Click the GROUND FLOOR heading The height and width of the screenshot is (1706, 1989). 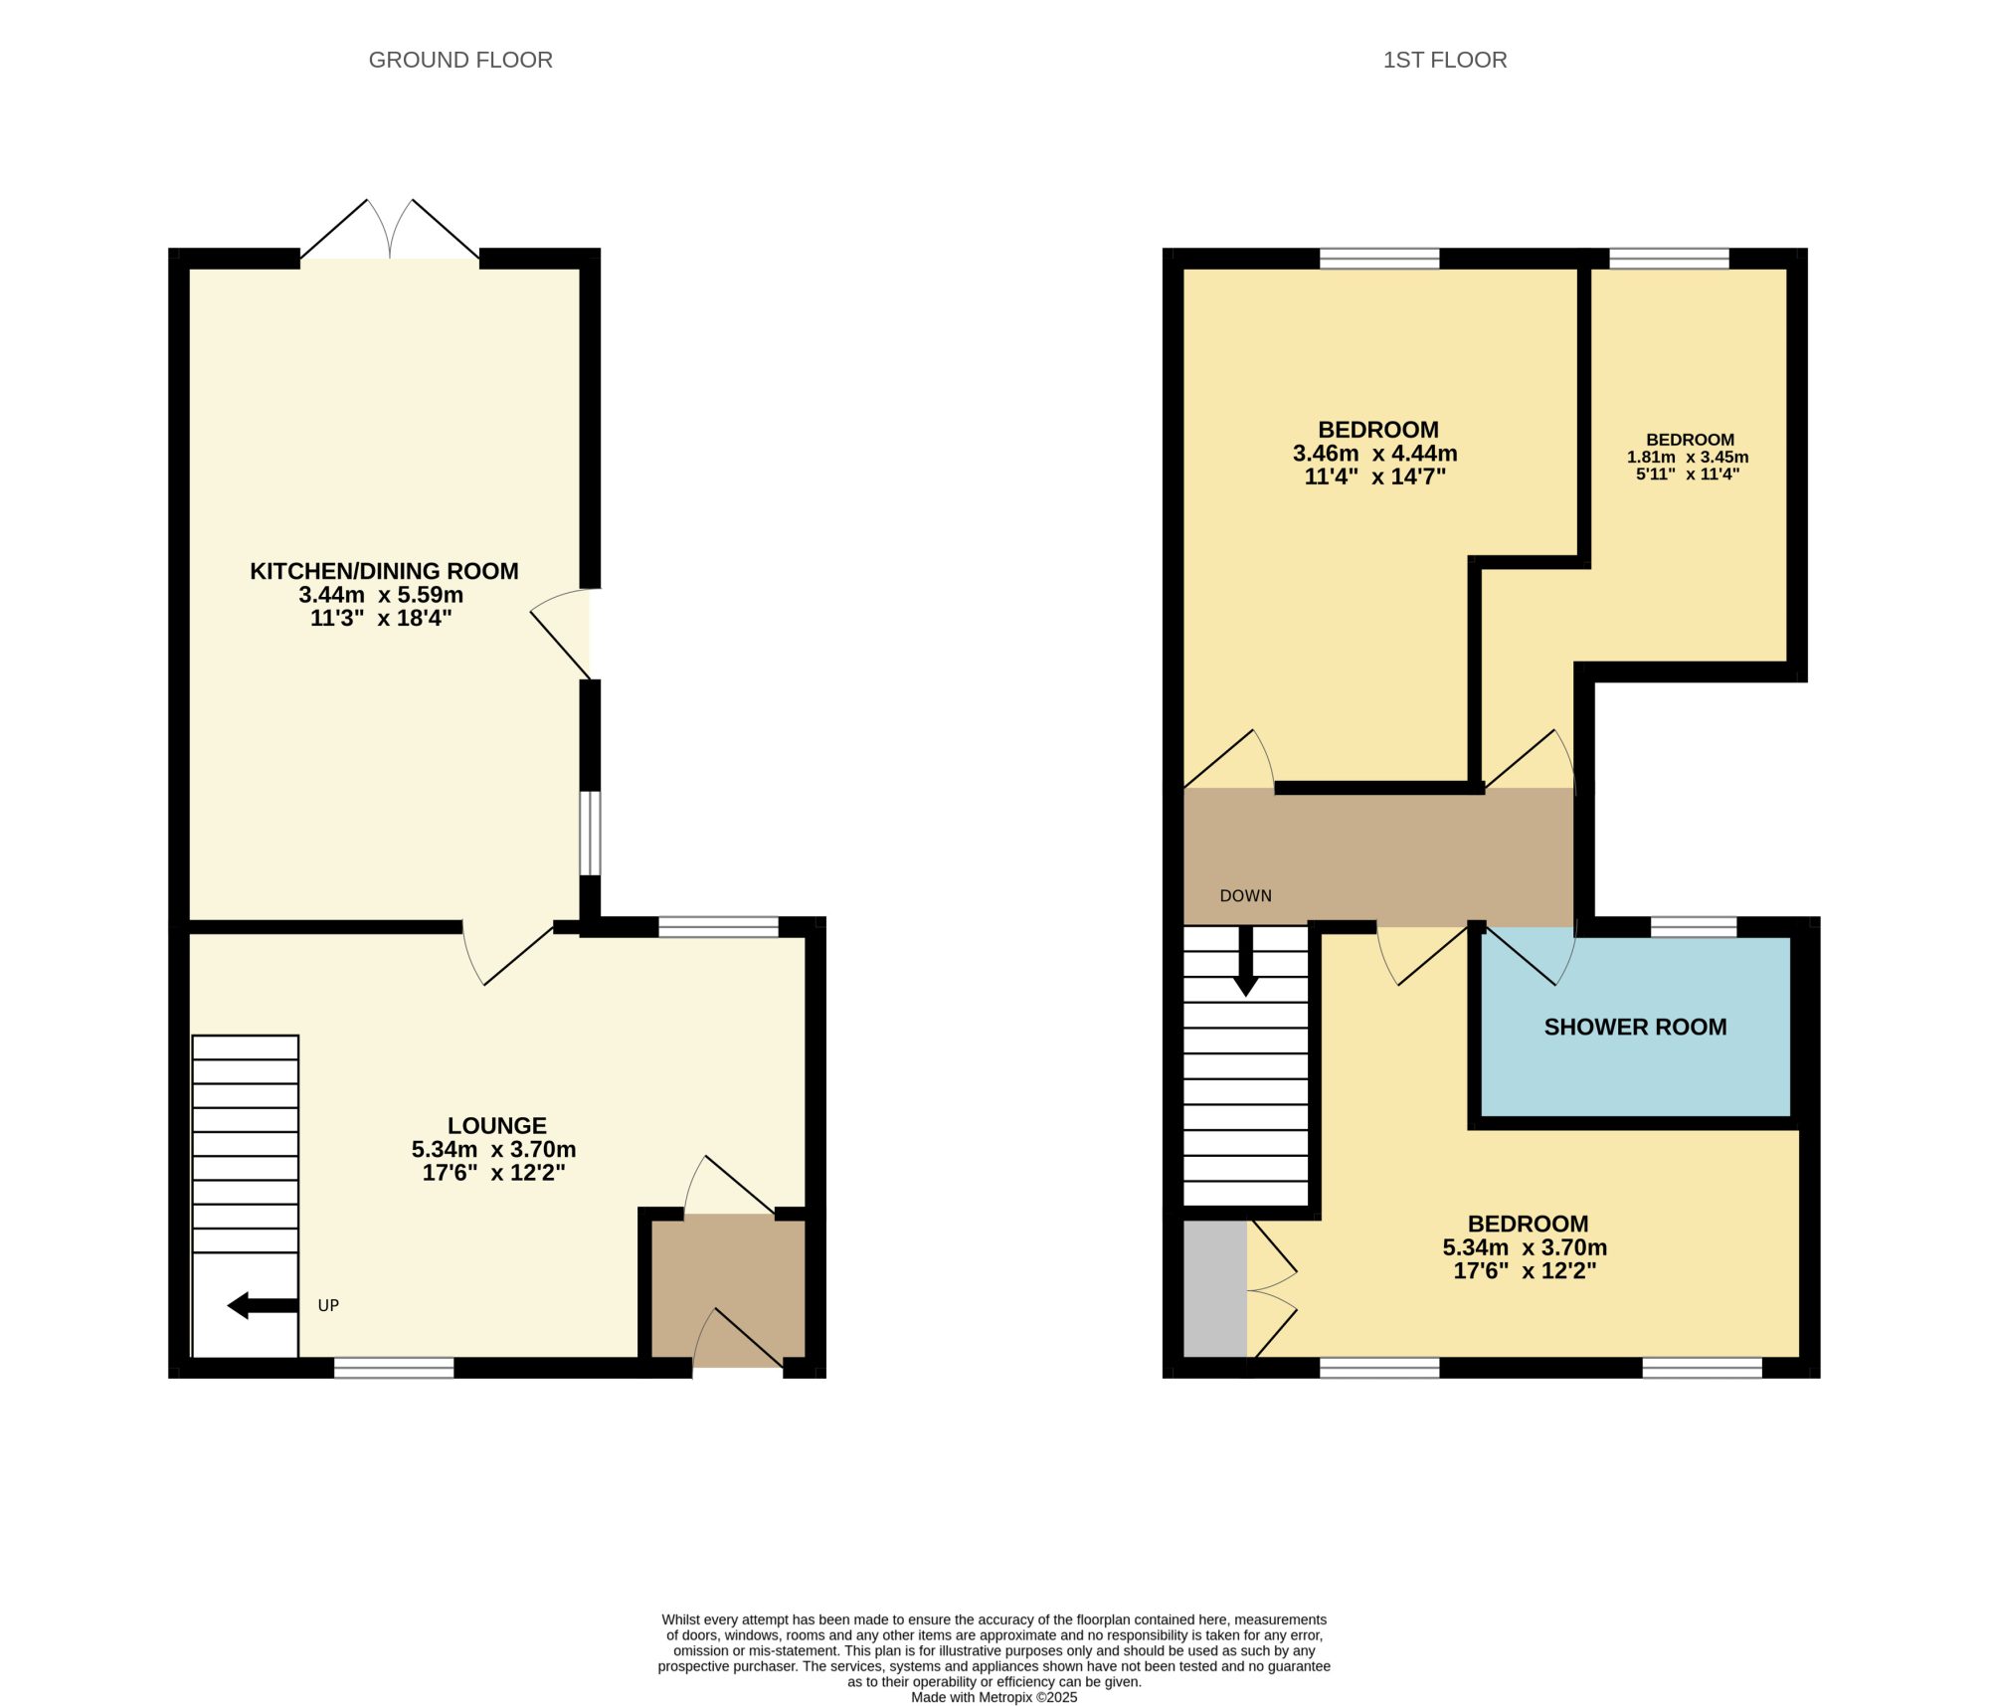tap(460, 60)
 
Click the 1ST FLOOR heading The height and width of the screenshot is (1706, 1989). tap(1445, 60)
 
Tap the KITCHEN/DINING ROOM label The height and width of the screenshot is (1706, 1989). tap(384, 571)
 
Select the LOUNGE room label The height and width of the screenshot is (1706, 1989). tap(497, 1125)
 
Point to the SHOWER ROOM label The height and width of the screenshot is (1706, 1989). tap(1635, 1027)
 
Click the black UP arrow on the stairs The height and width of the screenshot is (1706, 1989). tap(263, 1305)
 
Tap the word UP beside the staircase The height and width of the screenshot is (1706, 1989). tap(328, 1305)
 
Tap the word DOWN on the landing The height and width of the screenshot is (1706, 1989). tap(1245, 895)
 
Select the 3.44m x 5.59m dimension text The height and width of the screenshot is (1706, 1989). tap(381, 595)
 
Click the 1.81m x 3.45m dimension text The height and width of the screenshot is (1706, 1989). tap(1688, 458)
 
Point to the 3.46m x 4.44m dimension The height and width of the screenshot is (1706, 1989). tap(1375, 454)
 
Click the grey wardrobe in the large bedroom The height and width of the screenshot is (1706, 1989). tap(1215, 1288)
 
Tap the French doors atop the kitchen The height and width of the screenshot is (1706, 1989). tap(390, 230)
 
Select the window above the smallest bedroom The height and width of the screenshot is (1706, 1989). tap(1669, 259)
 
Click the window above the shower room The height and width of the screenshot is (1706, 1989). tap(1694, 927)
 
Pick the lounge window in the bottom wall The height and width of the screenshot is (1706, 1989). tap(394, 1368)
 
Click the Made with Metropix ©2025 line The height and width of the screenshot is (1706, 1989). tap(994, 1697)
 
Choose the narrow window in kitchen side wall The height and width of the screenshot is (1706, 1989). tap(590, 833)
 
